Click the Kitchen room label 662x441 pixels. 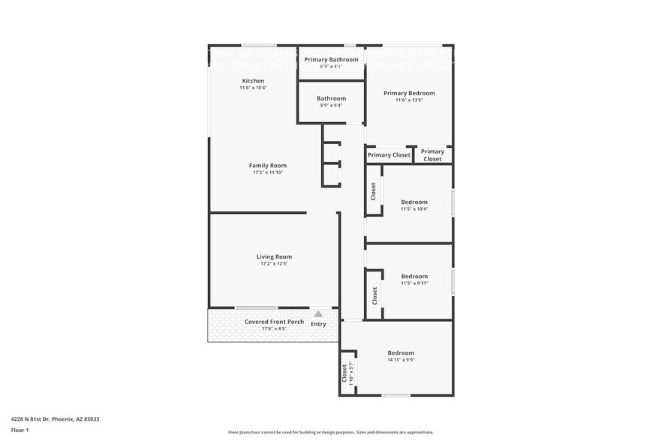[253, 81]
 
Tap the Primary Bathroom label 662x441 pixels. [331, 60]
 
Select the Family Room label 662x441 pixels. [268, 166]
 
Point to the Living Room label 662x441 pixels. [274, 256]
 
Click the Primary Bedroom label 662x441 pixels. [409, 93]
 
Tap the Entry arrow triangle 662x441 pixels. [318, 314]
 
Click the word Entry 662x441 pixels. [318, 324]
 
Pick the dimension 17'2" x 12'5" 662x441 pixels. [274, 264]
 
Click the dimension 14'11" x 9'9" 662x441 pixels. [401, 360]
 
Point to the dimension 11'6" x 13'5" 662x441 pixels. [409, 100]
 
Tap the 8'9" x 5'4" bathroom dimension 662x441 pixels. [331, 106]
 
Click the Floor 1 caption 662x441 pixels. [20, 430]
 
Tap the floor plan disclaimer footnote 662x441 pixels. [331, 432]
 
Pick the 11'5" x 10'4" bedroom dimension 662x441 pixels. [414, 209]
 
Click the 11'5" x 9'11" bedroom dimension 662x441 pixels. [414, 283]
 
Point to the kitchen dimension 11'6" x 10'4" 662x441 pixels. [253, 88]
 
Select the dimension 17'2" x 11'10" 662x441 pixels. [268, 172]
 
